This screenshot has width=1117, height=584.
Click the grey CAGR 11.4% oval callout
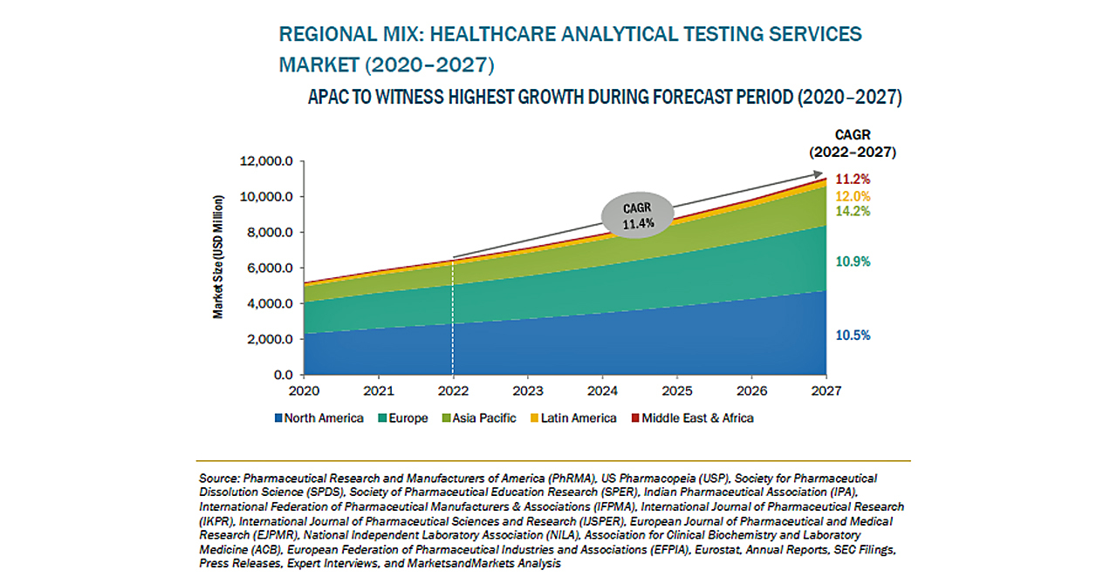637,214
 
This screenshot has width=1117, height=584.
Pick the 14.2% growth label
853,212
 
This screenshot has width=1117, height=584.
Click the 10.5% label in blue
853,336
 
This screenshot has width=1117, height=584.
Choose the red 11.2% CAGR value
853,180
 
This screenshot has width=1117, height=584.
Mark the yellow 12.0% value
853,196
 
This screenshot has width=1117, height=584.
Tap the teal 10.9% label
853,261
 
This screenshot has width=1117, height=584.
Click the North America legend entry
319,418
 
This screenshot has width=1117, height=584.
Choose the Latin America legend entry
572,418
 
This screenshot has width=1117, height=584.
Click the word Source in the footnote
219,479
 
